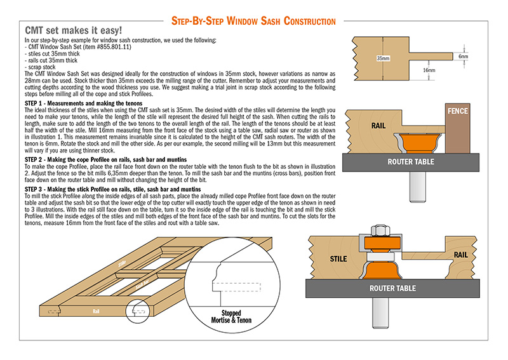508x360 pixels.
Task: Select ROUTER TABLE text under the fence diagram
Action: point(411,162)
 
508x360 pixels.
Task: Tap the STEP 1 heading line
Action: point(83,103)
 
